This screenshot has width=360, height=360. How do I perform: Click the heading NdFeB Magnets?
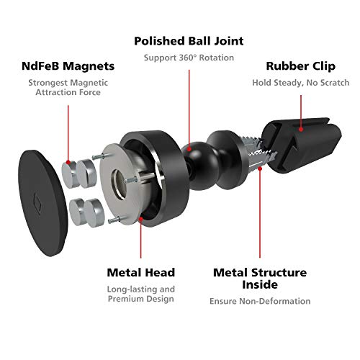[68, 66]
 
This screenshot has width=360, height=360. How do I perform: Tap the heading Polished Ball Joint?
[189, 41]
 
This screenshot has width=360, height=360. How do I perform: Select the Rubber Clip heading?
[301, 66]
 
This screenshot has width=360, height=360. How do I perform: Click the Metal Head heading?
[141, 272]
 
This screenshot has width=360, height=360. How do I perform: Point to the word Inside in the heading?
[260, 284]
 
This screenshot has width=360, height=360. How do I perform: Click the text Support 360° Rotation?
[189, 58]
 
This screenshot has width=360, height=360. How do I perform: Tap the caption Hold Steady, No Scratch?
[301, 83]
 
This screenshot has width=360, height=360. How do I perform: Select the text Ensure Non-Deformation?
[260, 301]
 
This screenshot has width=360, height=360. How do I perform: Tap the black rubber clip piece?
[302, 144]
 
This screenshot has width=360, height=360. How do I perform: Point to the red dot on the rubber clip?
[301, 130]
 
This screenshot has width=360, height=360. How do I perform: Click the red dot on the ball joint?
[189, 149]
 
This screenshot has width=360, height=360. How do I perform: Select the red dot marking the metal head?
[141, 219]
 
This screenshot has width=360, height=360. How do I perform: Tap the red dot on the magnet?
[68, 163]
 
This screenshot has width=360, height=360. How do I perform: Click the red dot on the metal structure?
[260, 168]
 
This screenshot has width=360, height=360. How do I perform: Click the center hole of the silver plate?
[119, 184]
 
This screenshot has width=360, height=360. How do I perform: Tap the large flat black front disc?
[42, 203]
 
